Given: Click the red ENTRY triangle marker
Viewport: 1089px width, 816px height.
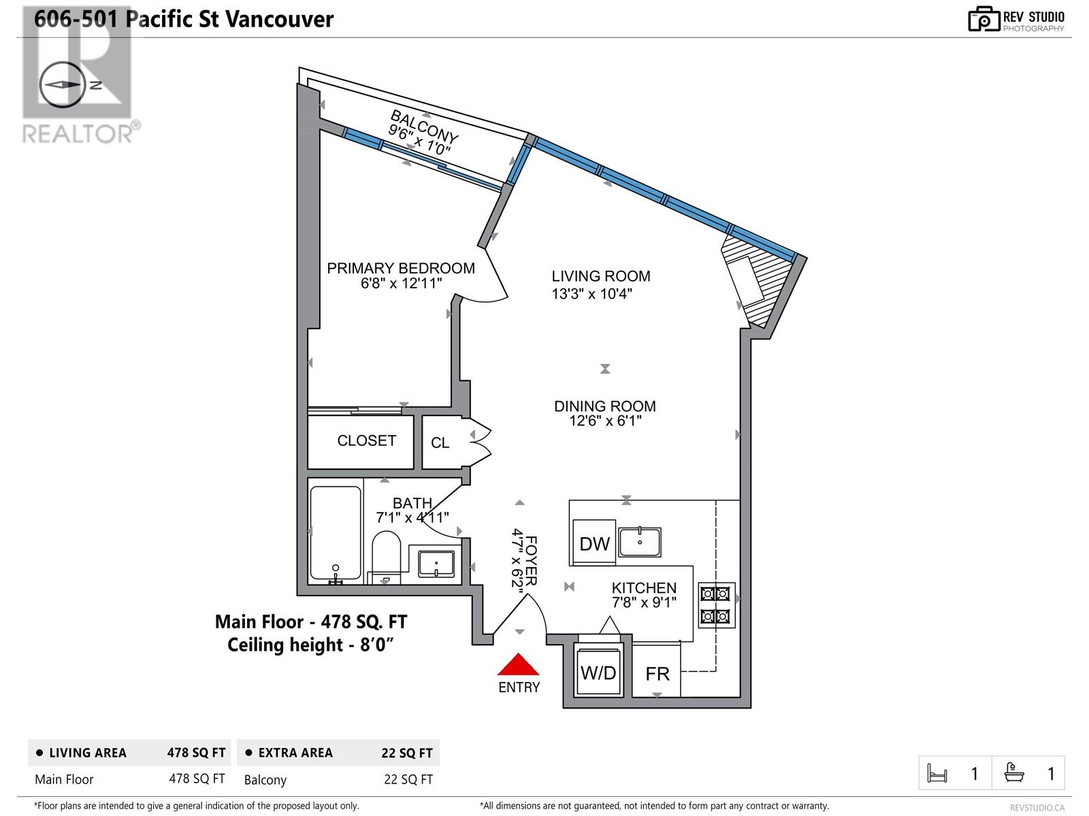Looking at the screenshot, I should click(x=519, y=664).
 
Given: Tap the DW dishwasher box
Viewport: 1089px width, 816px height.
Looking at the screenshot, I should click(x=594, y=543).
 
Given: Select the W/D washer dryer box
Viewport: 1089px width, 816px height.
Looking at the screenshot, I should click(x=598, y=672).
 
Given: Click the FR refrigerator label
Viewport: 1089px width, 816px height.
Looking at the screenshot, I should click(x=657, y=673).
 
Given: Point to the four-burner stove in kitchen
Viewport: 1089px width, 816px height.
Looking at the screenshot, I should click(x=716, y=605).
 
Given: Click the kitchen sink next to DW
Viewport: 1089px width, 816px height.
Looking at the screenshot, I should click(x=640, y=542).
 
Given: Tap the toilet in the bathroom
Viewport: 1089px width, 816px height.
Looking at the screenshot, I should click(x=386, y=556).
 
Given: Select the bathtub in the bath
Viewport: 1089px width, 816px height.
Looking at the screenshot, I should click(x=336, y=533).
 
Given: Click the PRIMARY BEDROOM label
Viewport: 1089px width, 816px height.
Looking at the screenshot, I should click(x=401, y=268).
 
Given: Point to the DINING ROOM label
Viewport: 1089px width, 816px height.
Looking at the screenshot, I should click(x=604, y=406).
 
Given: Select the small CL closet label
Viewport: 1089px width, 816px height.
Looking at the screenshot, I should click(x=440, y=443).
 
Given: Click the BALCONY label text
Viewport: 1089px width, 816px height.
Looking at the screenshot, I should click(x=424, y=126).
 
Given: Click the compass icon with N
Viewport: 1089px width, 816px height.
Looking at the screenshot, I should click(x=63, y=85).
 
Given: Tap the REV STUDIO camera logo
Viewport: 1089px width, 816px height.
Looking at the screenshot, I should click(x=984, y=19).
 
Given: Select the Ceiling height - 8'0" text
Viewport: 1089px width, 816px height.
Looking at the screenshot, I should click(x=311, y=645).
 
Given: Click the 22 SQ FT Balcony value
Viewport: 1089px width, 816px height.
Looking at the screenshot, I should click(x=408, y=779).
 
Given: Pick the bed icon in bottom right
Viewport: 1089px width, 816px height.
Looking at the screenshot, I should click(x=937, y=773).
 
